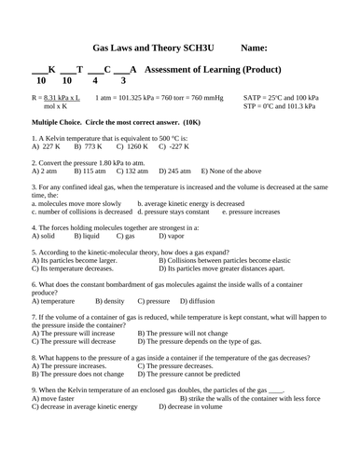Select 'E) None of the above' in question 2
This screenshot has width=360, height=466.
(x=236, y=171)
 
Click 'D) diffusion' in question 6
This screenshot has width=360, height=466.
(x=197, y=301)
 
